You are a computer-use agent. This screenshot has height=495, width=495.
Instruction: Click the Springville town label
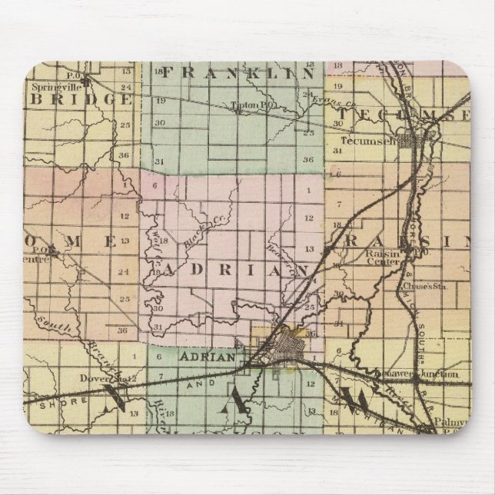pyautogui.click(x=55, y=87)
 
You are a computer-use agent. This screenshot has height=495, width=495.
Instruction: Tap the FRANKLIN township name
pyautogui.click(x=238, y=74)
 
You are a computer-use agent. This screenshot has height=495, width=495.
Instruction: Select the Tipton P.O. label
pyautogui.click(x=247, y=105)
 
